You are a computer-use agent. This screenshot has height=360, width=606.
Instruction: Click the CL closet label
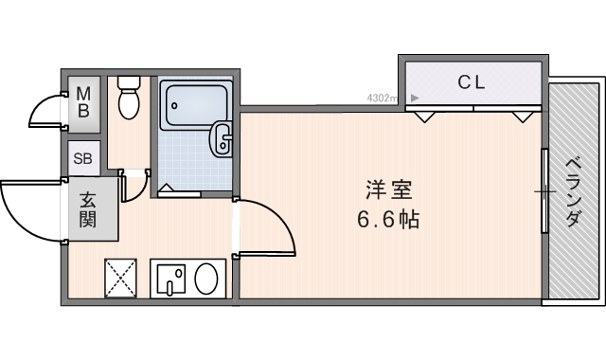[472, 81]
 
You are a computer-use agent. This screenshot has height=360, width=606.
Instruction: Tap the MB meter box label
[83, 101]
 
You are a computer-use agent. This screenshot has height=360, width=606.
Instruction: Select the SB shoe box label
[82, 158]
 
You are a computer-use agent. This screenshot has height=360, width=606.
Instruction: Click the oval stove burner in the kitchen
[205, 279]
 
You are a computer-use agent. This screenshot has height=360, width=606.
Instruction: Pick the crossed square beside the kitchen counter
[120, 279]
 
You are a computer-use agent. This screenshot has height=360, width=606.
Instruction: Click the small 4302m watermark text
[383, 97]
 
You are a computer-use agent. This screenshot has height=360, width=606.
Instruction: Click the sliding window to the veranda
[544, 189]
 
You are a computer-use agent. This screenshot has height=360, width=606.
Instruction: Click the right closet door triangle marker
[521, 116]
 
